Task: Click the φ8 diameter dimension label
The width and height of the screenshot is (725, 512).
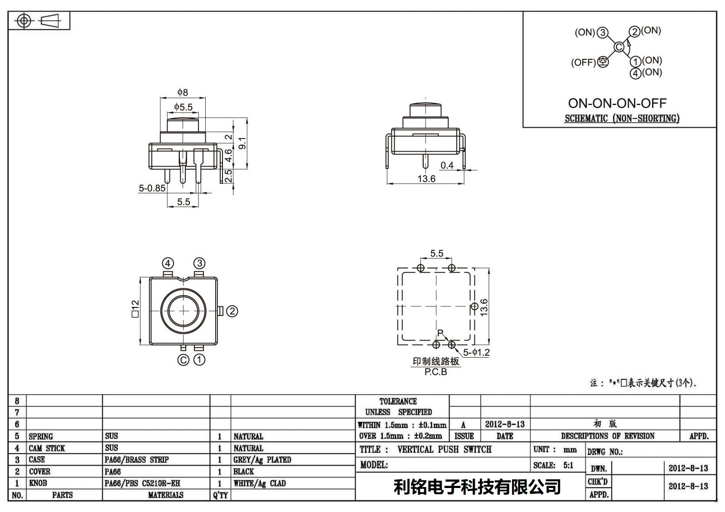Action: point(183,92)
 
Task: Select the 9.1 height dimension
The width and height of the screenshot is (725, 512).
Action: point(242,143)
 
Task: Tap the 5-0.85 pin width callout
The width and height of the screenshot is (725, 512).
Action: point(152,188)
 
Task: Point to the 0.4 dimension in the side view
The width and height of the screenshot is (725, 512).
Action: point(447,165)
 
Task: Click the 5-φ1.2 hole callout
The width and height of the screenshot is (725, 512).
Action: point(476,352)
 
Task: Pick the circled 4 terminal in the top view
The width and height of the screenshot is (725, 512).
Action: point(168,263)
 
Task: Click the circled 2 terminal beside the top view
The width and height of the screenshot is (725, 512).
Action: point(232,311)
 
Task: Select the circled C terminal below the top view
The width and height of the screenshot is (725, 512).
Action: point(183,359)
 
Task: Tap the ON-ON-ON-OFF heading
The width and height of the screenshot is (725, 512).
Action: point(617,103)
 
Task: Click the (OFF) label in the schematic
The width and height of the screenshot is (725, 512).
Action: point(583,62)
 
